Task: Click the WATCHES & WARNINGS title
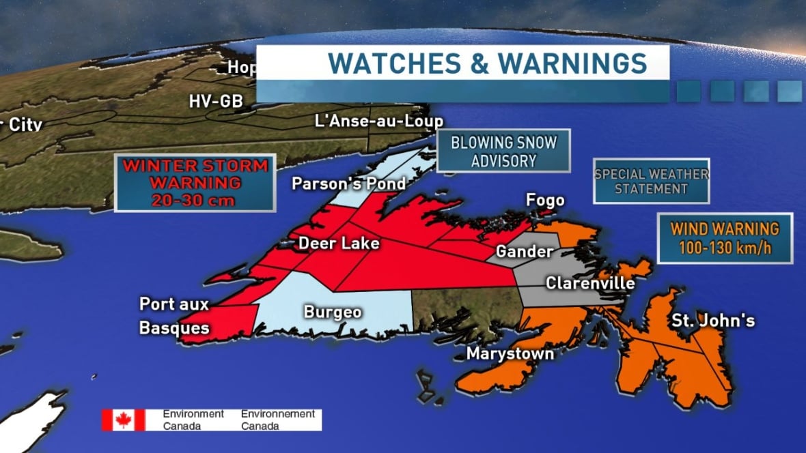click(487, 63)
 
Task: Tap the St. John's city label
click(713, 320)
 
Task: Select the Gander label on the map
click(524, 252)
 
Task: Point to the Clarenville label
click(590, 282)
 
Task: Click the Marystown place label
click(510, 353)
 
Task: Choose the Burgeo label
click(333, 312)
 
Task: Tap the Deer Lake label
click(338, 243)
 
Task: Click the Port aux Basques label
click(173, 316)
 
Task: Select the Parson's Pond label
click(348, 184)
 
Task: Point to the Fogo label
click(545, 200)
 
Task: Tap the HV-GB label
click(215, 101)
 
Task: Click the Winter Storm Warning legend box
click(195, 182)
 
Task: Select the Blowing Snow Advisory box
click(503, 151)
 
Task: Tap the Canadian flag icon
click(123, 420)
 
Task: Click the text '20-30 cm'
click(195, 200)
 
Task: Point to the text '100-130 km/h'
click(725, 248)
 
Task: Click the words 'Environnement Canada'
click(277, 420)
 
